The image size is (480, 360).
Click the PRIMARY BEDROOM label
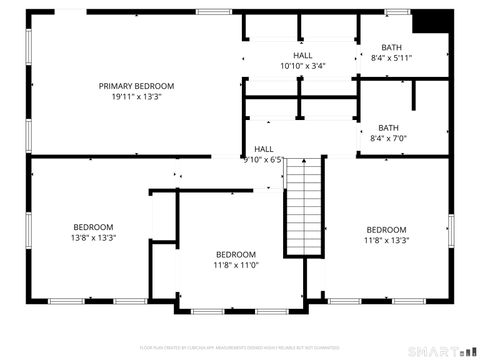point(136,86)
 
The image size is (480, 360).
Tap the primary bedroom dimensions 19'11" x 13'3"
point(136,97)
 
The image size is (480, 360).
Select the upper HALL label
point(303,55)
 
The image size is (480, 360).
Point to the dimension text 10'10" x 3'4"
point(303,66)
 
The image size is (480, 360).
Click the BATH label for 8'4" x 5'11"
point(391,47)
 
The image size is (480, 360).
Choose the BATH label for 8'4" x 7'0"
point(388,127)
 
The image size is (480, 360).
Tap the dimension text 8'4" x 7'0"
point(388,138)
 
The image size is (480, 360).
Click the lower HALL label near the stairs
point(264,149)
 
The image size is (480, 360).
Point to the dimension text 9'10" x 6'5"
point(262,159)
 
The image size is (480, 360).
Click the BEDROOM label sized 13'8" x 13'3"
point(93,227)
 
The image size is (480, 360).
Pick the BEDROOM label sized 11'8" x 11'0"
point(236,254)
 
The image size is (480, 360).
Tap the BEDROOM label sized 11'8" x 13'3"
point(386,229)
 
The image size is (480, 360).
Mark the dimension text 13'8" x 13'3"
point(93,238)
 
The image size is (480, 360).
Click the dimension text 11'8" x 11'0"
point(236,265)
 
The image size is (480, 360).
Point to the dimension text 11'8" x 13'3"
point(386,240)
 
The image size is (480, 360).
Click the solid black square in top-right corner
point(431,21)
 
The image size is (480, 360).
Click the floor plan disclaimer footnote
point(240,346)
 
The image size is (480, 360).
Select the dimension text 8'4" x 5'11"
point(391,58)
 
